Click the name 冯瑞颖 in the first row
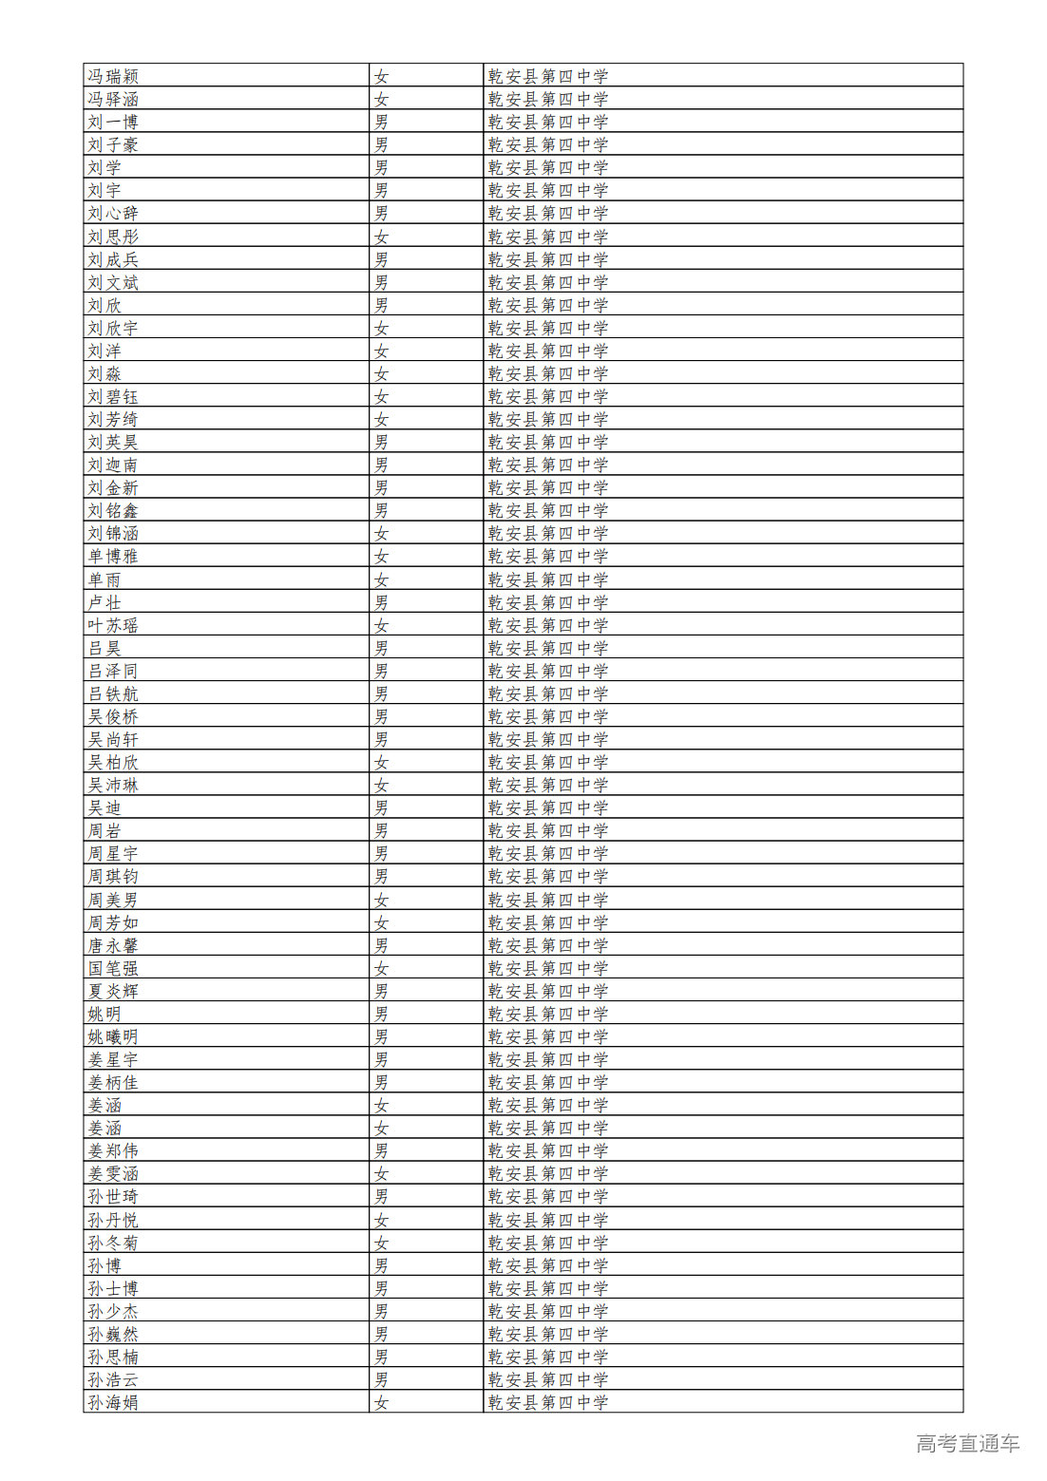(x=113, y=76)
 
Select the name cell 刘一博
(x=113, y=122)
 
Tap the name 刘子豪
(x=113, y=144)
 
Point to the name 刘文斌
(x=113, y=282)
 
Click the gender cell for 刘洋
(x=381, y=351)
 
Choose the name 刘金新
(x=113, y=487)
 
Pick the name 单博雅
(x=113, y=556)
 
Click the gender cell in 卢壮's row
(x=381, y=602)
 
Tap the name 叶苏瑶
(x=113, y=625)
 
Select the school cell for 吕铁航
(x=547, y=693)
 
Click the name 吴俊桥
(x=113, y=716)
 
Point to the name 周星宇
(x=113, y=853)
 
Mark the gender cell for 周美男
(x=381, y=900)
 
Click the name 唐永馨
(x=113, y=945)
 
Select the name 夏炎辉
(x=113, y=991)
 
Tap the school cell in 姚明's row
(x=547, y=1014)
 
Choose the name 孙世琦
(x=113, y=1196)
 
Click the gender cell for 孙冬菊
(x=381, y=1243)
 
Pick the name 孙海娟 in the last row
(x=113, y=1402)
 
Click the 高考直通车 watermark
(x=967, y=1443)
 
